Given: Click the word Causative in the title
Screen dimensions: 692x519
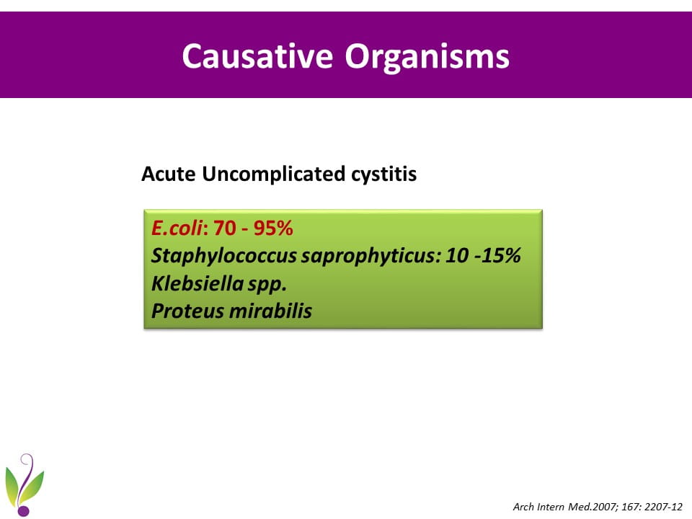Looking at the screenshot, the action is pos(257,56).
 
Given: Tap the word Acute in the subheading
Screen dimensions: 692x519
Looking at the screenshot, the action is pos(169,174).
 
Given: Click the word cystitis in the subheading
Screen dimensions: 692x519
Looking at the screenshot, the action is pos(384,174).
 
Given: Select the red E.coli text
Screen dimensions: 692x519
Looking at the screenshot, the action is pos(177,229).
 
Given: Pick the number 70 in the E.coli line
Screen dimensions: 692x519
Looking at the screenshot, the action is pos(225,229).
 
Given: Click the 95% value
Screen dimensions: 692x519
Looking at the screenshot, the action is pos(273,229).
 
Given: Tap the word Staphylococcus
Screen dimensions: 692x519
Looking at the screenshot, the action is pos(223,256).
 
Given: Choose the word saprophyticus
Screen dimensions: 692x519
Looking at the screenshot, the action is pos(371,256).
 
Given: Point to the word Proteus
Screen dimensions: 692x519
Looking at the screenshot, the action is pos(188,311).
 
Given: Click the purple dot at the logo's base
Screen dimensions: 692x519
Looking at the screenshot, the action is pos(24,510).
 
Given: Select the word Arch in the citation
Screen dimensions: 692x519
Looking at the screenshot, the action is pos(523,507).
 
